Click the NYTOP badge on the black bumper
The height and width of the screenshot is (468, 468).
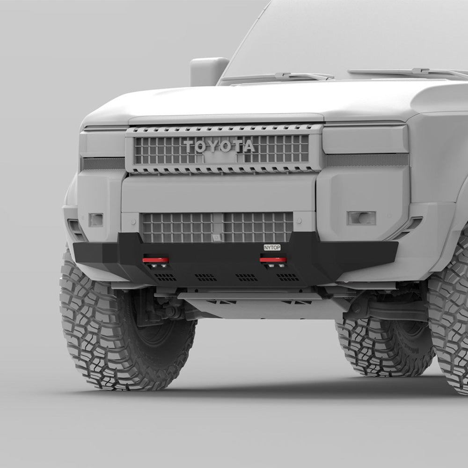[272, 247]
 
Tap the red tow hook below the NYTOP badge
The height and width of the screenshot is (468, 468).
[273, 260]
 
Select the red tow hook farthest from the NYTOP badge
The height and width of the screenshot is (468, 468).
[155, 260]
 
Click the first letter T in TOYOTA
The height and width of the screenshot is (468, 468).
[189, 146]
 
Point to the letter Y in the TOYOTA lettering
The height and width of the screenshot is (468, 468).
[216, 146]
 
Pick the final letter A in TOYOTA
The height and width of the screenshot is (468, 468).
[249, 146]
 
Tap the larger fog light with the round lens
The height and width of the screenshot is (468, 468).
[361, 218]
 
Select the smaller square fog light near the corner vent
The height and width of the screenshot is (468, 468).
[95, 219]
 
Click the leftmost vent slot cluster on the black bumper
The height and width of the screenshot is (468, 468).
[165, 277]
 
